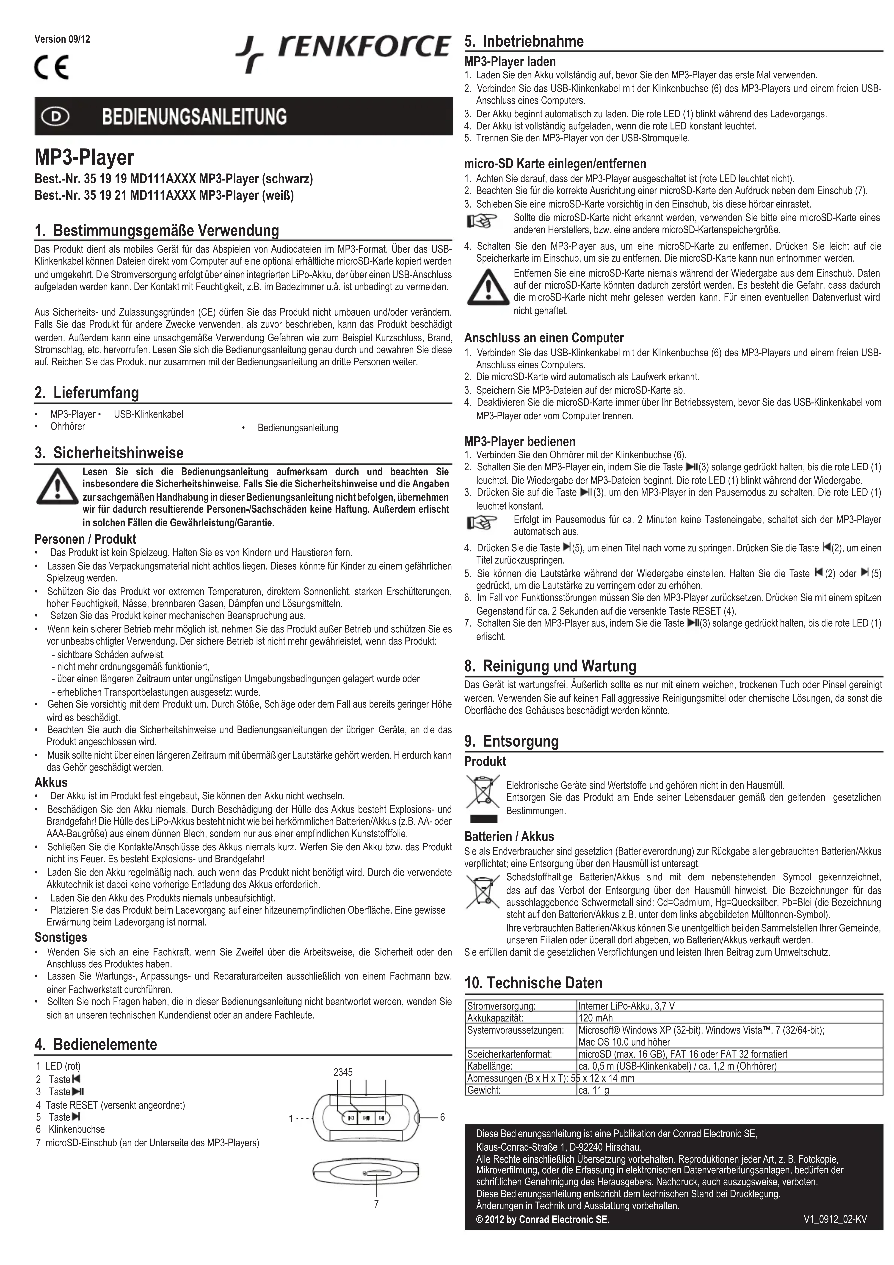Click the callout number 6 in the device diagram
[442, 1117]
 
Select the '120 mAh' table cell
[595, 1018]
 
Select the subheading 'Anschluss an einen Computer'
[544, 338]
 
